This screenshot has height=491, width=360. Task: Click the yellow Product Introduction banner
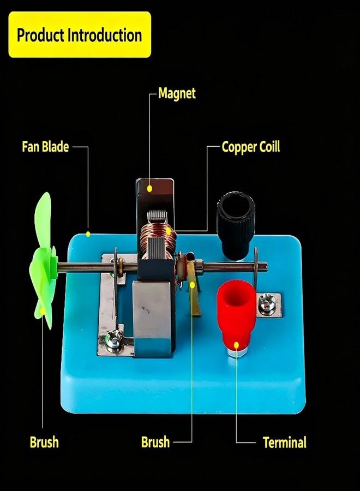80,34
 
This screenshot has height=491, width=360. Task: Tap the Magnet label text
177,93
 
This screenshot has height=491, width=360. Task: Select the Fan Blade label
45,147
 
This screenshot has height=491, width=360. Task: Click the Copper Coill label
251,147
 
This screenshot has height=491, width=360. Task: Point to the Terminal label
285,442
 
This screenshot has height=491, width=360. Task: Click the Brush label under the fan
44,442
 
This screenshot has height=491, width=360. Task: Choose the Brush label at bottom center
155,442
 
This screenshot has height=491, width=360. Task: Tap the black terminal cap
236,225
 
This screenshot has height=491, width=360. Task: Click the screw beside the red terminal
267,303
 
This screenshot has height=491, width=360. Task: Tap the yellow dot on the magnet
149,189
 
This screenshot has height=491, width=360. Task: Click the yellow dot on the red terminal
236,345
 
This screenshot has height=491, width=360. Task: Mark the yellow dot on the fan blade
42,311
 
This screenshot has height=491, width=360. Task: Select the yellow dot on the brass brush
192,285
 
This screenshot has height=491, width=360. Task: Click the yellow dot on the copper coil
169,231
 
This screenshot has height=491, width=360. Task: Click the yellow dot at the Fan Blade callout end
88,234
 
